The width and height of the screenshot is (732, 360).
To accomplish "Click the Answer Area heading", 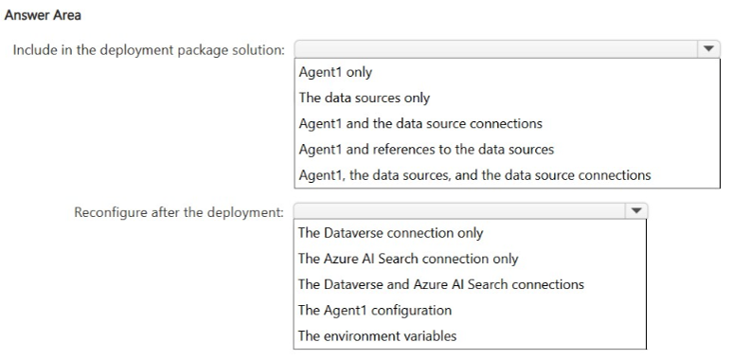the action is click(x=43, y=15).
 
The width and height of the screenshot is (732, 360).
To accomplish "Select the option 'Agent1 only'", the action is click(x=335, y=72).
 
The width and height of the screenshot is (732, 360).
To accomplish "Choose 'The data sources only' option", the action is click(x=365, y=99).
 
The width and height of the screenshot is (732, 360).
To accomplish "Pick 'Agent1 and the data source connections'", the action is click(x=420, y=124).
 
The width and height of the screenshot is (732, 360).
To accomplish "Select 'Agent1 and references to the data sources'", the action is click(x=426, y=150).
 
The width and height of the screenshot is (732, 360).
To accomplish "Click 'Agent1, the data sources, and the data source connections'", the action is click(x=474, y=175).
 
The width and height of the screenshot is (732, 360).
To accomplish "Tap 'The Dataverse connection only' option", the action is click(x=390, y=233).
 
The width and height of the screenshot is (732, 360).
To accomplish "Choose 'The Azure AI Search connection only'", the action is click(x=408, y=259).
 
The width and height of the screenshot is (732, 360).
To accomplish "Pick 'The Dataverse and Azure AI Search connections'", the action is click(x=440, y=284).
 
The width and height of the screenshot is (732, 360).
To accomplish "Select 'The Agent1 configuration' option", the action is click(x=375, y=310).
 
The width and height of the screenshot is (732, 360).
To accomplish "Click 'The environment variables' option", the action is click(x=377, y=335).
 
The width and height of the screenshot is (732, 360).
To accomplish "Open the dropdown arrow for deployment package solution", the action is click(x=708, y=48).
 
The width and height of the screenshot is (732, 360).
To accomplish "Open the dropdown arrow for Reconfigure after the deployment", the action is click(x=635, y=210).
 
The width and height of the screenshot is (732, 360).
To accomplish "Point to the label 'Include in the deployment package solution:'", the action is click(x=149, y=50).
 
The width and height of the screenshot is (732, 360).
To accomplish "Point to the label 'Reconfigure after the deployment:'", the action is click(x=179, y=212).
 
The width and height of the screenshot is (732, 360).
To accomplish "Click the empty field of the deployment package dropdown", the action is click(x=496, y=48).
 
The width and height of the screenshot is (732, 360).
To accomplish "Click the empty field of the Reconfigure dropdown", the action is click(x=459, y=210).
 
